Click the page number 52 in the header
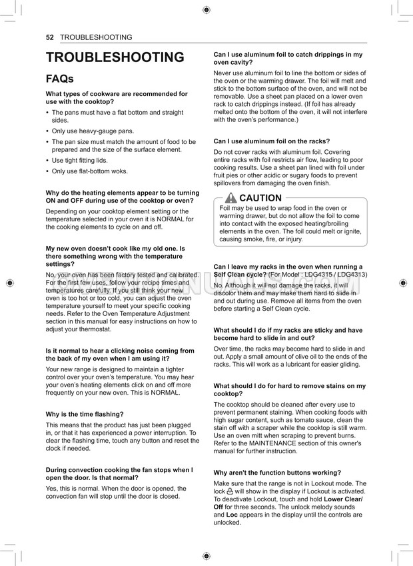click(x=49, y=37)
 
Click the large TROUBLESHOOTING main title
click(x=115, y=57)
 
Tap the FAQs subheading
click(x=59, y=79)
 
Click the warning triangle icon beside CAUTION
click(x=230, y=198)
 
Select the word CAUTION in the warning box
click(x=260, y=198)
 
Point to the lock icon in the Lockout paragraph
click(x=230, y=492)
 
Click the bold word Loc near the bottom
click(x=232, y=515)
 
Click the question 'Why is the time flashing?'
click(x=85, y=414)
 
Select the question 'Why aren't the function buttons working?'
click(x=277, y=473)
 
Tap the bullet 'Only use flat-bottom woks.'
click(x=89, y=171)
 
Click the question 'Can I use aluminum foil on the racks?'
click(x=272, y=141)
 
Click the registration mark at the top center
click(x=206, y=9)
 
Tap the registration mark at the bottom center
click(x=206, y=555)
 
